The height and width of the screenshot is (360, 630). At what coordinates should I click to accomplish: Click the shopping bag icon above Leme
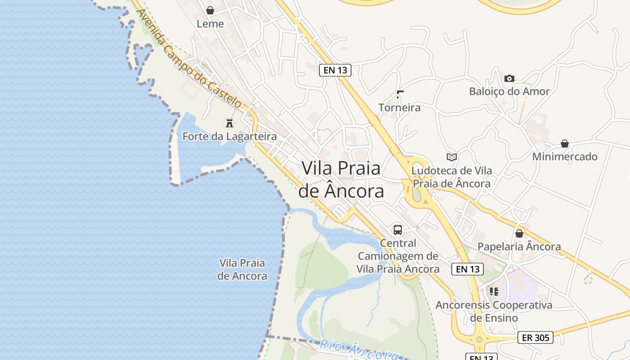click(x=210, y=10)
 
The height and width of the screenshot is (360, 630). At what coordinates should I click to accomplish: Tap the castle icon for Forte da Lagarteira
click(x=229, y=122)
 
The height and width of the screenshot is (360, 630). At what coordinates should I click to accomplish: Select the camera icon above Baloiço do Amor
click(x=509, y=78)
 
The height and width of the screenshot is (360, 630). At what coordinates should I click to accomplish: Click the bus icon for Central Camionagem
click(x=398, y=230)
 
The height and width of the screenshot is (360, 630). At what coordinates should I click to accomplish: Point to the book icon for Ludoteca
click(x=452, y=157)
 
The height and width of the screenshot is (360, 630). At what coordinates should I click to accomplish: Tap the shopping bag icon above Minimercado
click(x=565, y=144)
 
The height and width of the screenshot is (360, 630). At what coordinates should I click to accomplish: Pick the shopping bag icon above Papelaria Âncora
click(x=519, y=234)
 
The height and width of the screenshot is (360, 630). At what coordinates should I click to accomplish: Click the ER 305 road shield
click(x=535, y=337)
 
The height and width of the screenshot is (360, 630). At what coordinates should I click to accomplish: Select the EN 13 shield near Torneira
click(x=335, y=70)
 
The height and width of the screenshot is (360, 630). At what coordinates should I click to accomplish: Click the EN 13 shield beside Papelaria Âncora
click(x=468, y=269)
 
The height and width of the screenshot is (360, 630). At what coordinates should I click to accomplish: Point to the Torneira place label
click(x=399, y=108)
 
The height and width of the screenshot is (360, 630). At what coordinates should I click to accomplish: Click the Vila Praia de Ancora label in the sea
click(x=242, y=269)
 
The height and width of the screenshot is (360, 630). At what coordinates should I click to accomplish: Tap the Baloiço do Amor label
click(x=509, y=91)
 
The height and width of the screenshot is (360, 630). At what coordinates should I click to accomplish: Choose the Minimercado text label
click(x=565, y=157)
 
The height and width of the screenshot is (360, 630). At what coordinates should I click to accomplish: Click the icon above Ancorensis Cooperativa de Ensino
click(x=494, y=292)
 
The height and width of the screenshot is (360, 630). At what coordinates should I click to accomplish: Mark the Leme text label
click(x=210, y=23)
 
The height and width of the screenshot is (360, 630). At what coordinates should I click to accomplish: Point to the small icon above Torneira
click(x=400, y=94)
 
